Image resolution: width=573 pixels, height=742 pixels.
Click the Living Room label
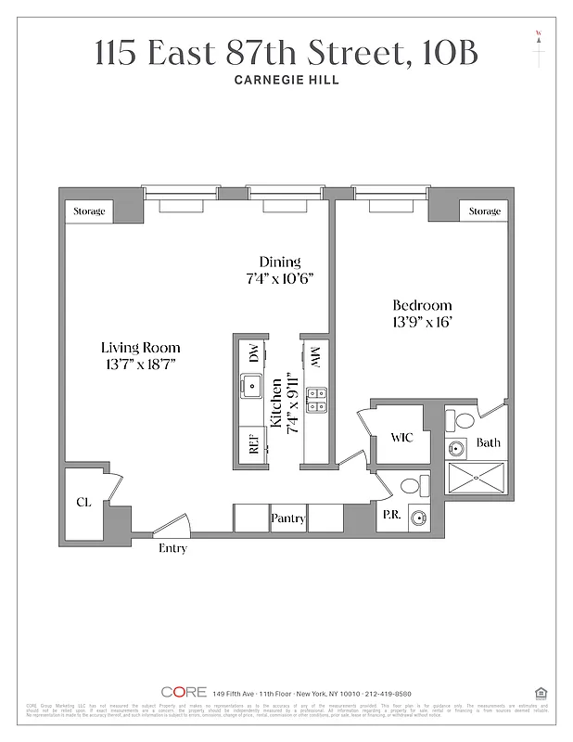click(141, 348)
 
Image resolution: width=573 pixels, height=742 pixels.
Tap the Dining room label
click(280, 262)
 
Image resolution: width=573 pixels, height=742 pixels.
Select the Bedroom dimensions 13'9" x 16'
click(422, 322)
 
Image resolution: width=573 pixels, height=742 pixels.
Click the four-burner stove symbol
click(315, 399)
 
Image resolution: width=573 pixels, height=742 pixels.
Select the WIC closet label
click(401, 437)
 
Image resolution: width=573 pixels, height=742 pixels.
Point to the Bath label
click(489, 442)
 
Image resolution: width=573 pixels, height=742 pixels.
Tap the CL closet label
click(83, 503)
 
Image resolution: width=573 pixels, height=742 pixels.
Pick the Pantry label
click(288, 518)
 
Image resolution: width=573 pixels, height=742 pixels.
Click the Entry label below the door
click(172, 548)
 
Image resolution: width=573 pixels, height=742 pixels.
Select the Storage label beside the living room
click(90, 211)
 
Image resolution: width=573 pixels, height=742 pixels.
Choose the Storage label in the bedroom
click(484, 211)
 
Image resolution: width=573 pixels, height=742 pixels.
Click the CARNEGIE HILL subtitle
click(286, 80)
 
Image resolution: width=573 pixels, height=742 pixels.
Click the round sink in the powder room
click(418, 518)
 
